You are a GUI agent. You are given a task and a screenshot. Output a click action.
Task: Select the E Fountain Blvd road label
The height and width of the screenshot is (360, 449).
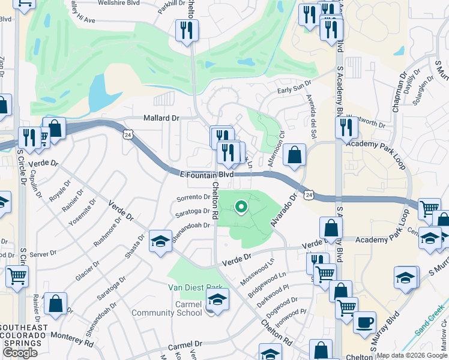206,174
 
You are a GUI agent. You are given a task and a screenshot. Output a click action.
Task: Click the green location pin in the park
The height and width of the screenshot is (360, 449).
241,207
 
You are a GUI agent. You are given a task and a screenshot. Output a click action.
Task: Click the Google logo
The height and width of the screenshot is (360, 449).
20,353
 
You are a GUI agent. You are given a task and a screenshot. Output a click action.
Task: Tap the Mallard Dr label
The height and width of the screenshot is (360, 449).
161,118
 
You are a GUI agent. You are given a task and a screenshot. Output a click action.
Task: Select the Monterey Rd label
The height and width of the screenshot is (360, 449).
73,340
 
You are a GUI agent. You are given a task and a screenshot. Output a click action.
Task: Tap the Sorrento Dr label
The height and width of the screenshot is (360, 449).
193,198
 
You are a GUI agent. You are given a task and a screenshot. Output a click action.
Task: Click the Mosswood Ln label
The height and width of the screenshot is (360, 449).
256,271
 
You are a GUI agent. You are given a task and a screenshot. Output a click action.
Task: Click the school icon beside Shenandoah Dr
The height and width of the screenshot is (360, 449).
160,242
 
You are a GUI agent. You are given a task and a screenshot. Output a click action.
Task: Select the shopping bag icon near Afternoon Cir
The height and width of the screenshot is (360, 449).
294,155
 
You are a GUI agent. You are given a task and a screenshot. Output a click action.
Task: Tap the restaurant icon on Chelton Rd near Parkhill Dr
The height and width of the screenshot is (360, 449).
187,30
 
